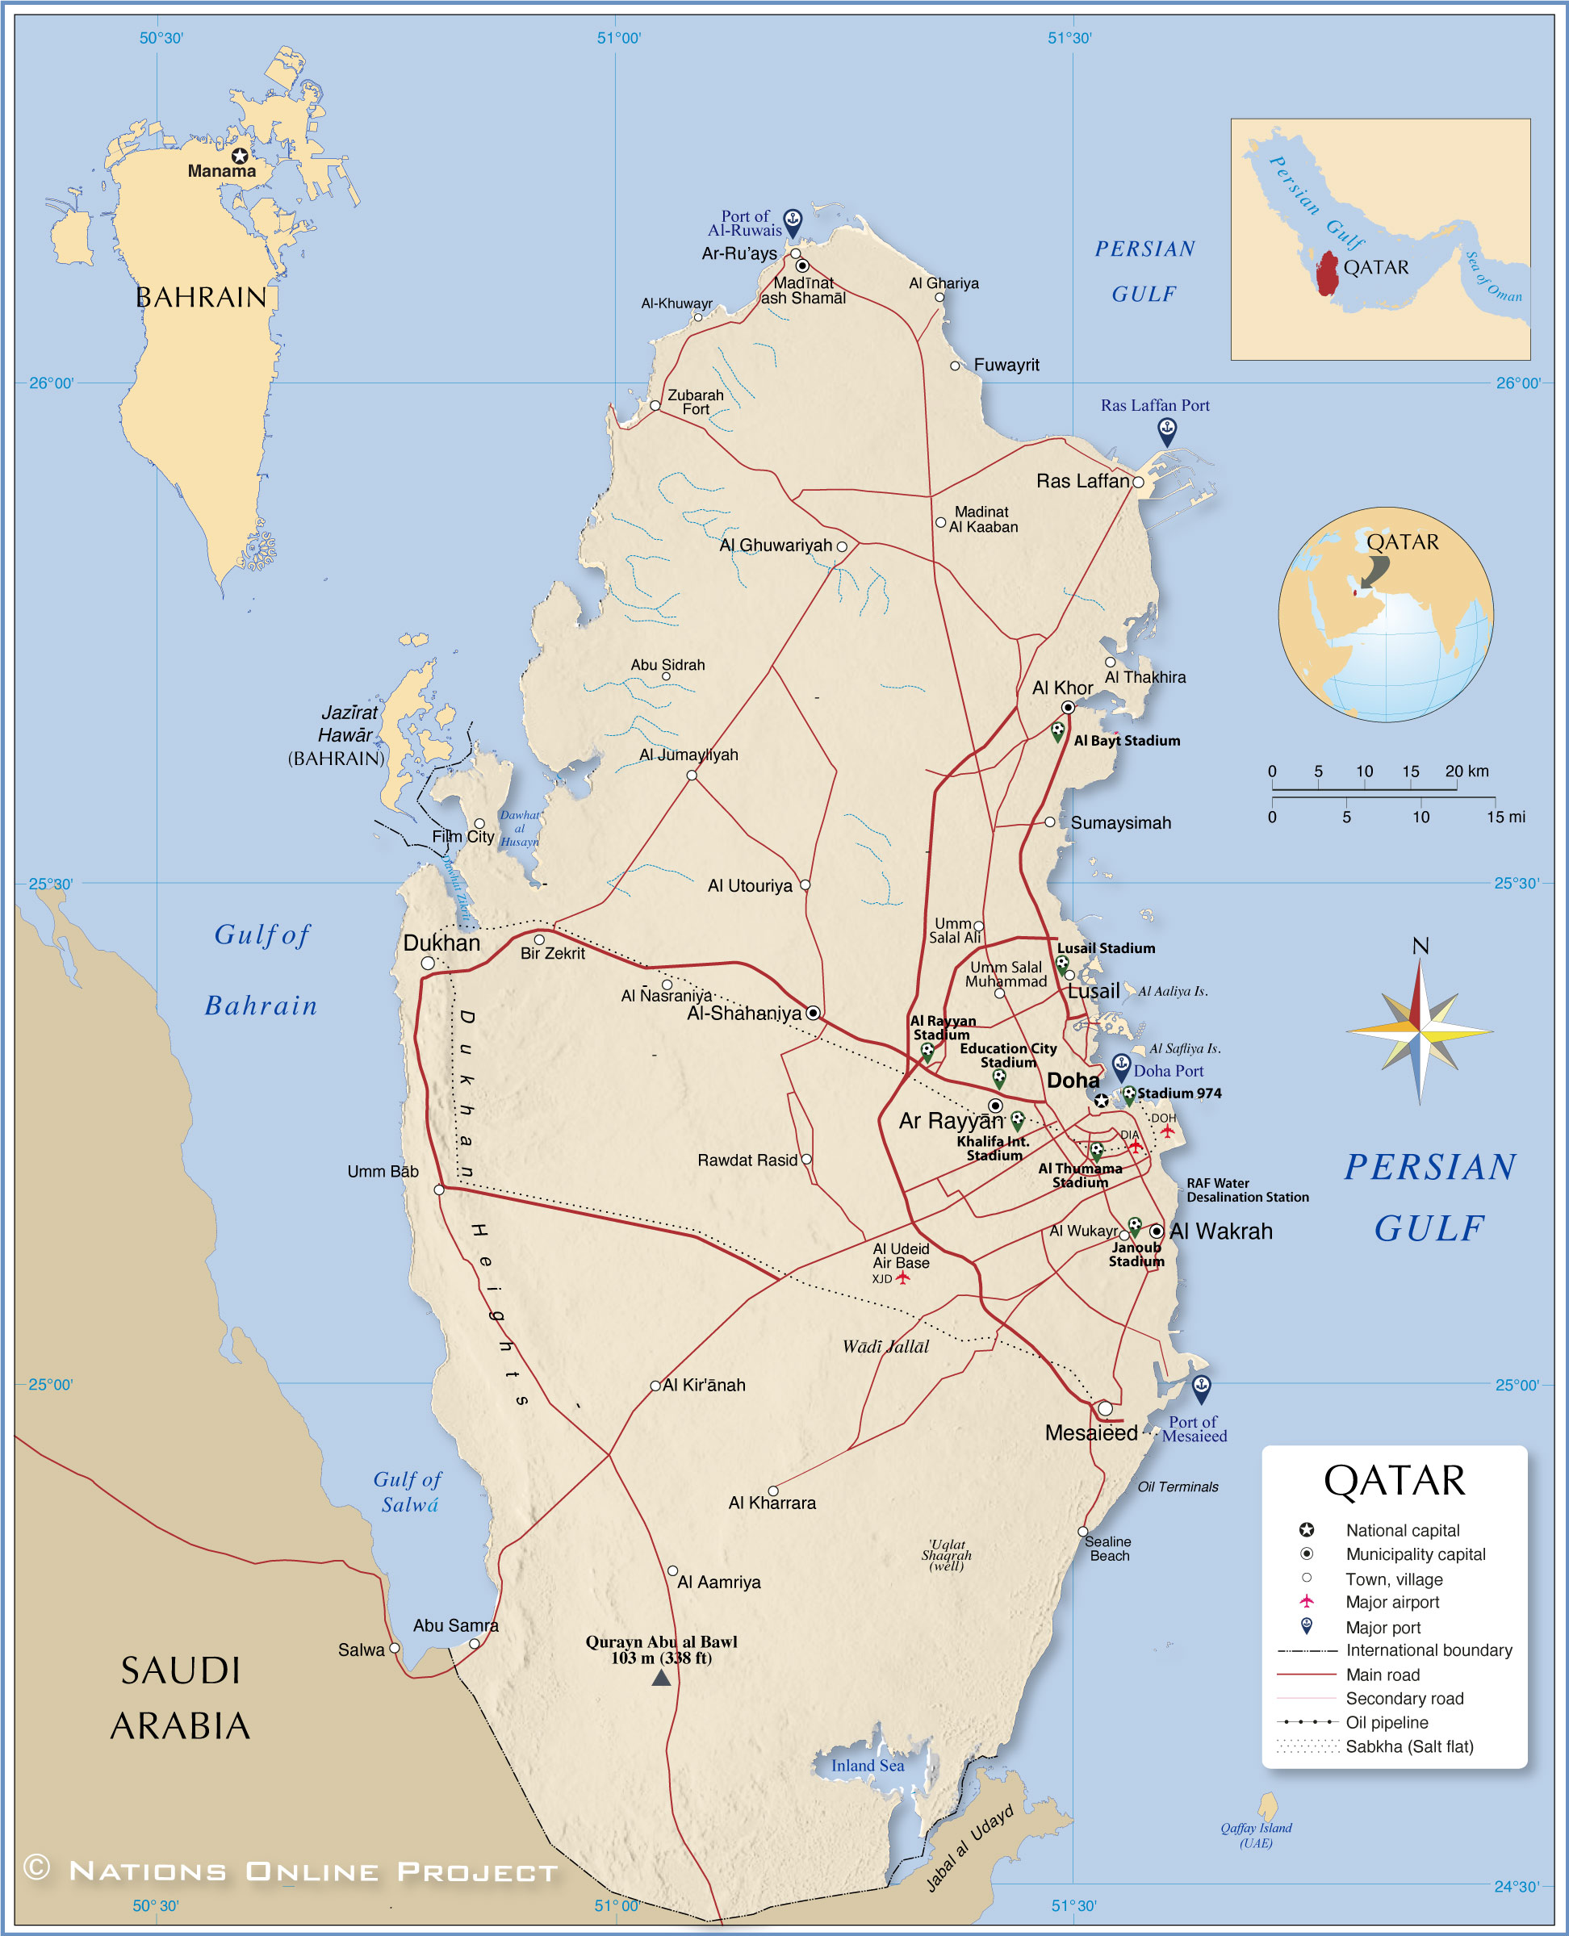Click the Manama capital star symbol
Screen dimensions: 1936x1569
coord(240,156)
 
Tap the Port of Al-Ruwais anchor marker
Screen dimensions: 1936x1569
coord(792,220)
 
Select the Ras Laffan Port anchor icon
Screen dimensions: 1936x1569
coord(1167,430)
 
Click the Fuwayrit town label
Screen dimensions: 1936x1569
coord(1006,365)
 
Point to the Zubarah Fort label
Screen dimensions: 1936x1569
coord(695,402)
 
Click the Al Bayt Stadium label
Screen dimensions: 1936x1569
coord(1126,740)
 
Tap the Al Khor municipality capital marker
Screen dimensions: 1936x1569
coord(1068,707)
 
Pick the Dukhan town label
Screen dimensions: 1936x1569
coord(441,943)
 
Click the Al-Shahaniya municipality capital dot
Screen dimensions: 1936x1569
coord(813,1012)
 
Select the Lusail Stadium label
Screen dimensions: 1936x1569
coord(1107,948)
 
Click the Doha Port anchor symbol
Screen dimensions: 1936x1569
coord(1121,1064)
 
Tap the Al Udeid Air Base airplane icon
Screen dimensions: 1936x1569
coord(902,1278)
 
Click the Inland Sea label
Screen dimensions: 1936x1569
coord(867,1765)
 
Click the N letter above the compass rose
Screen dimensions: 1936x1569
coord(1420,946)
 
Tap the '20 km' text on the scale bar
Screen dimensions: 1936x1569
coord(1466,771)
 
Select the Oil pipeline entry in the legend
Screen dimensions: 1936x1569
coord(1387,1722)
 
